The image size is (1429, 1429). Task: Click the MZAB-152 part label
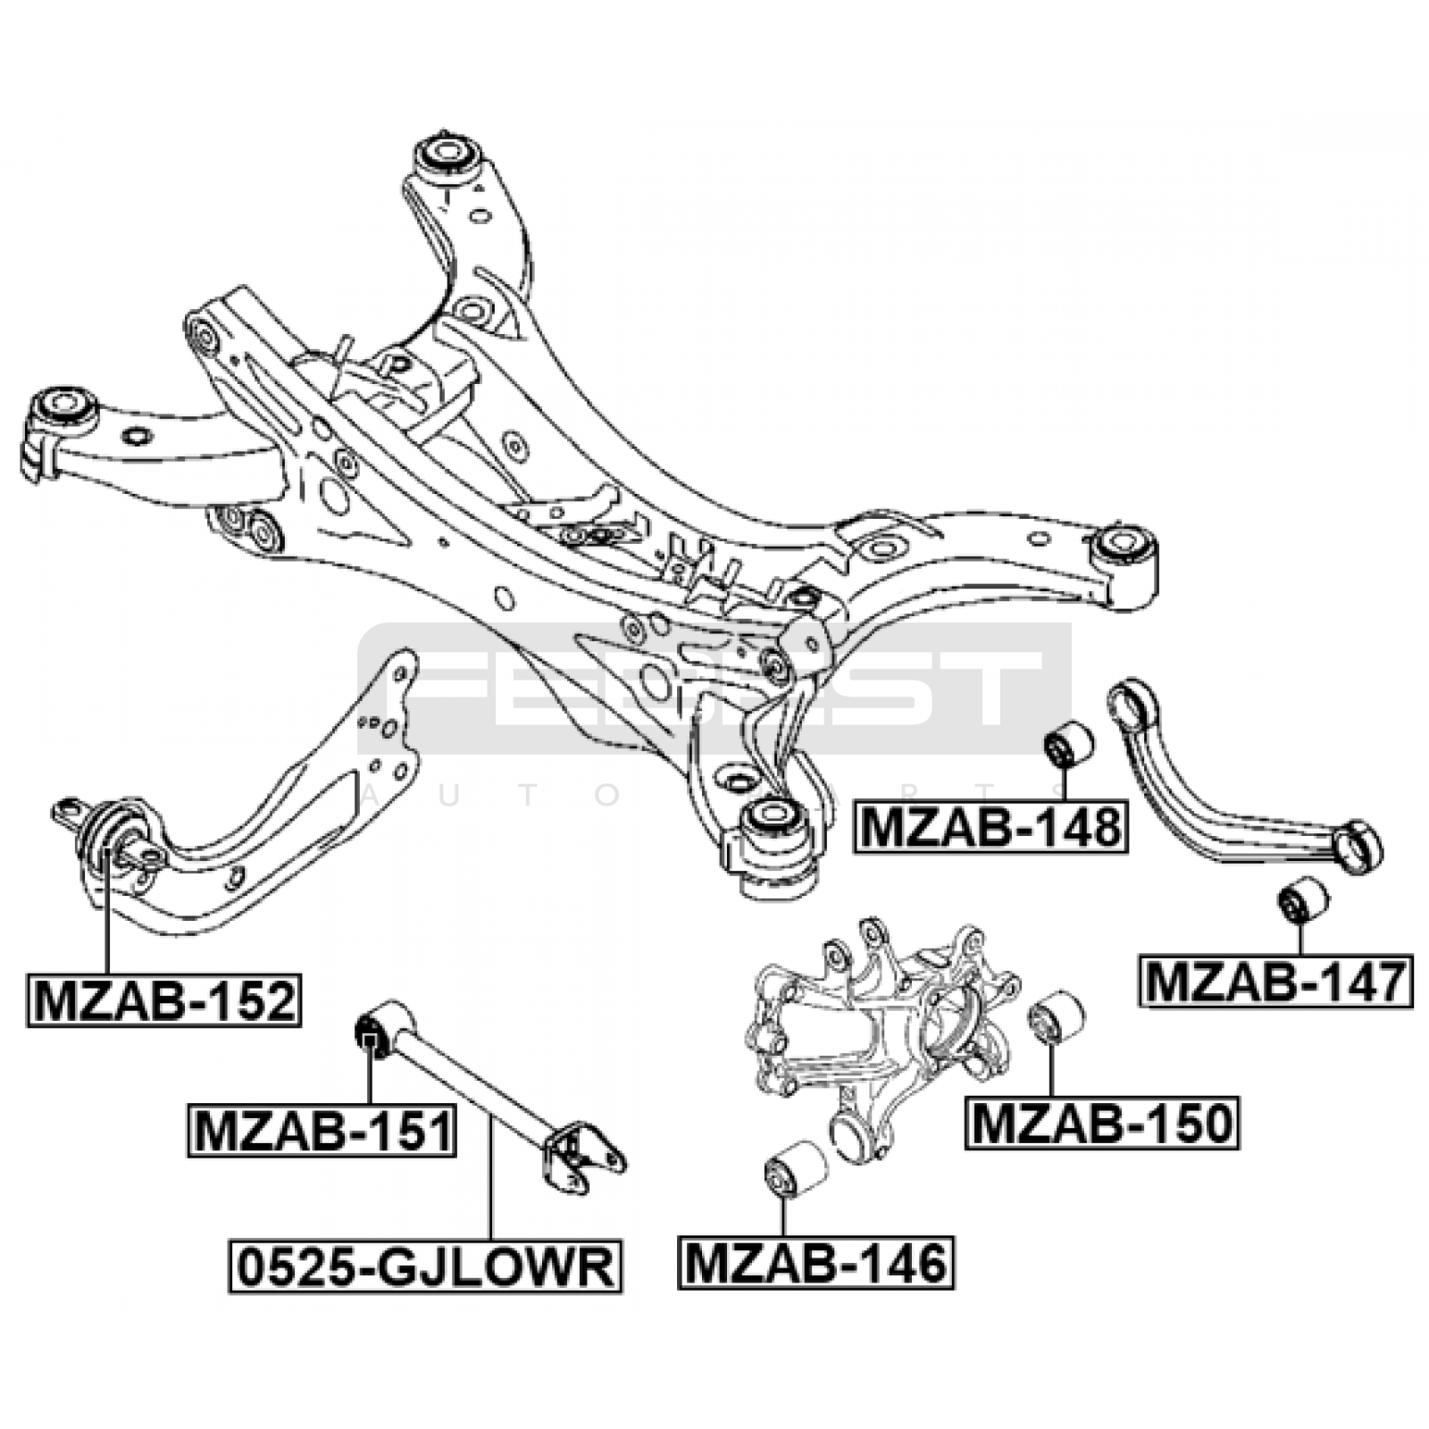[x=163, y=1000]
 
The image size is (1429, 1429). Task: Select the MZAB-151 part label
[x=322, y=1132]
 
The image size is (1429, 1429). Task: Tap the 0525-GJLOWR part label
[x=425, y=1266]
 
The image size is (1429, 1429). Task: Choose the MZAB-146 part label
[x=815, y=1263]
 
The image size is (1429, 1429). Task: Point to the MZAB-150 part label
[x=1101, y=1123]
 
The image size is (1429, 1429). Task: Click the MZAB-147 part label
[x=1275, y=982]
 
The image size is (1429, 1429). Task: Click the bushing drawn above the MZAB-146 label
[x=796, y=1168]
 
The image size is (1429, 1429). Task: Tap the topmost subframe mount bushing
[x=447, y=153]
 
